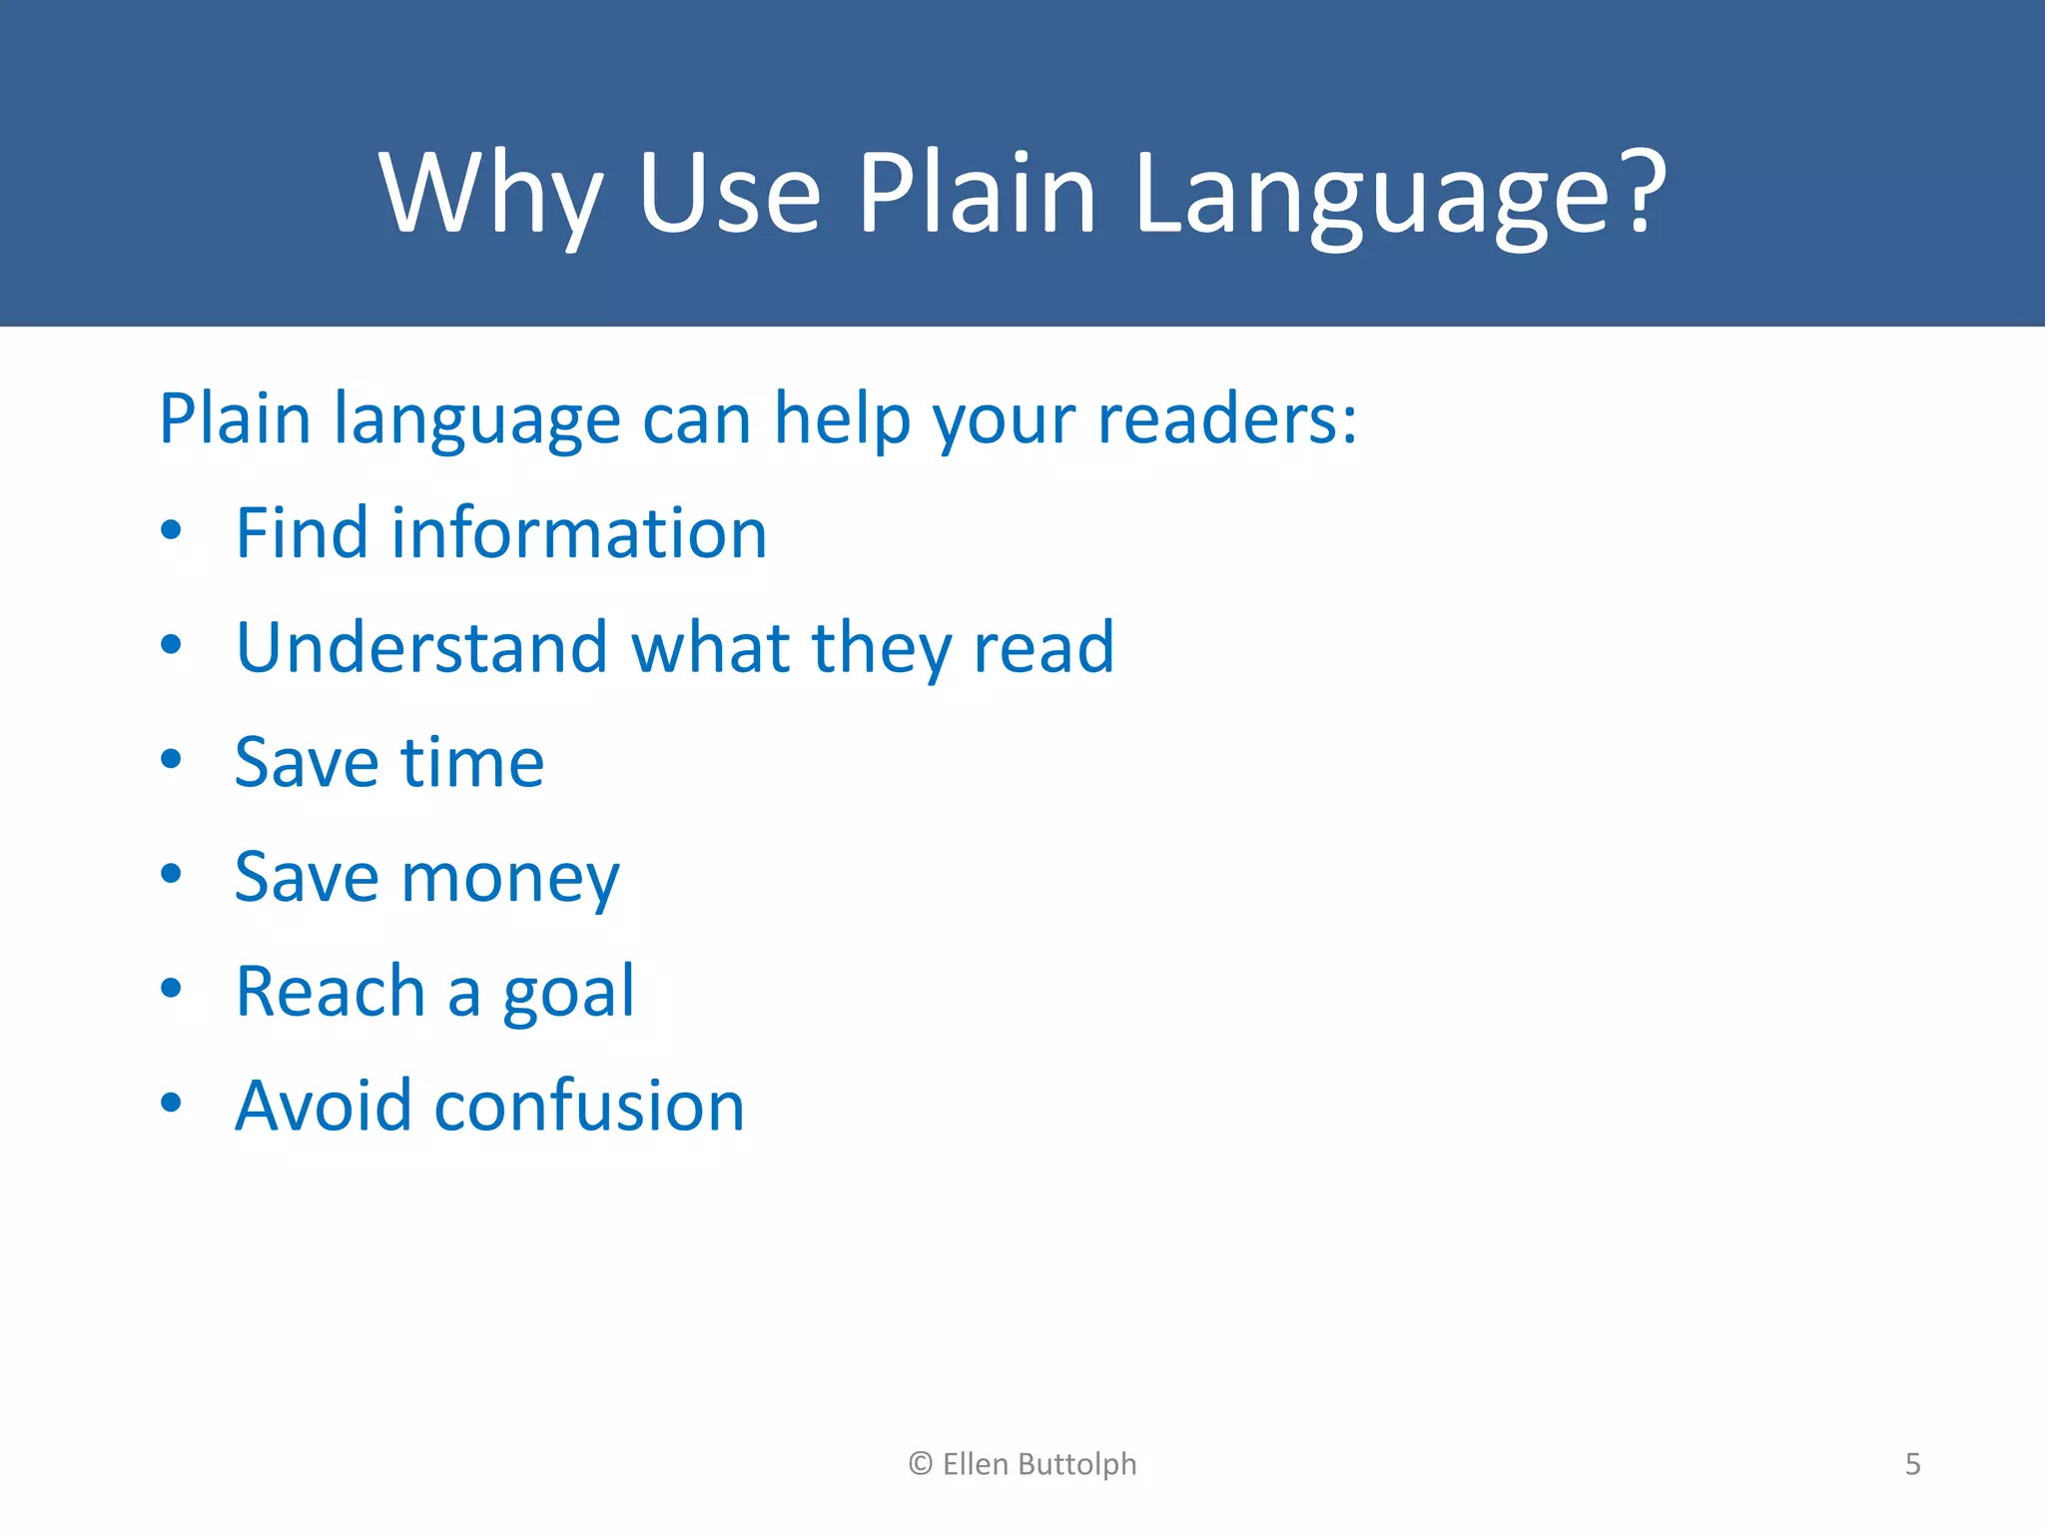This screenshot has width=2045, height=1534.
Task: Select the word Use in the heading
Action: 729,195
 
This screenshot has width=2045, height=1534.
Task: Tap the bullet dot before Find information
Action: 171,530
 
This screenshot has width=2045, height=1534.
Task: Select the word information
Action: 579,533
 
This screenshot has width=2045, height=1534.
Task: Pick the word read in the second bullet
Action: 1043,648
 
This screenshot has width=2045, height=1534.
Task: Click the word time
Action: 472,763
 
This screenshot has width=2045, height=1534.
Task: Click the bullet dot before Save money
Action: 171,874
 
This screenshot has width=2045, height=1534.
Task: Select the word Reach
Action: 331,993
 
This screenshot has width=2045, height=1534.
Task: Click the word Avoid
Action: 323,1107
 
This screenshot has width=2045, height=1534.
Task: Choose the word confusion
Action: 589,1107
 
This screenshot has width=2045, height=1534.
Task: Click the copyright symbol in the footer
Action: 921,1464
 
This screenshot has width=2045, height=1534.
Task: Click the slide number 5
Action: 1912,1464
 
